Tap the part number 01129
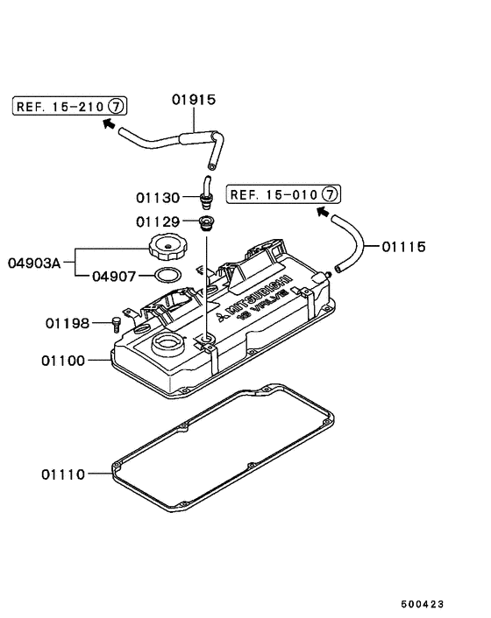click(x=157, y=222)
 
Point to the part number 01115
click(x=403, y=247)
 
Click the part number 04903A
click(x=36, y=262)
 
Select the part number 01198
click(x=68, y=323)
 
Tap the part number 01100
click(x=64, y=360)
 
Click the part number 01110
click(x=62, y=474)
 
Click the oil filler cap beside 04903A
click(x=167, y=247)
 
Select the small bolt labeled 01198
click(x=116, y=324)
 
